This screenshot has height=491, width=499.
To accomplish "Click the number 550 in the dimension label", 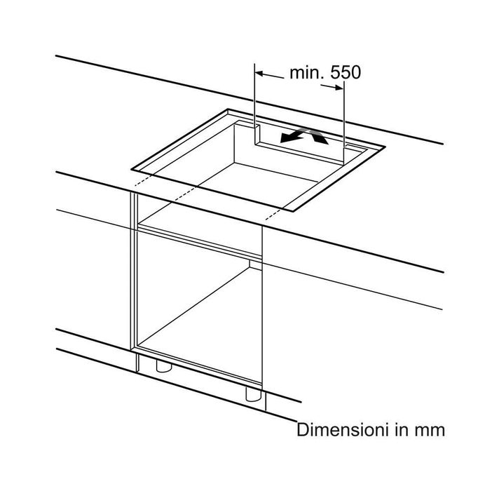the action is [346, 73].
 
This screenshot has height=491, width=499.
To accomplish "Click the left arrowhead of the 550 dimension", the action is [259, 74].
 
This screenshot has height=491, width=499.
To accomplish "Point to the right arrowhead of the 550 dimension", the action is [339, 87].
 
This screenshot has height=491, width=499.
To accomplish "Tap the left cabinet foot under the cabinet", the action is [164, 367].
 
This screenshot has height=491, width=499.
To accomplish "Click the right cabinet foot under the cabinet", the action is [253, 394].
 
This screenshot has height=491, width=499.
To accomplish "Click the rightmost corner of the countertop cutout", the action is [385, 147].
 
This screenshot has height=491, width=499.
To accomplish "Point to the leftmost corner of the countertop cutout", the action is [132, 170].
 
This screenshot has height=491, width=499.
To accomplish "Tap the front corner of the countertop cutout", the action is [294, 211].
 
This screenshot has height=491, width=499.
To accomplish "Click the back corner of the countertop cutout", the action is [228, 109].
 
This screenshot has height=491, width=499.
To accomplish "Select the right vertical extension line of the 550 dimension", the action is [343, 123].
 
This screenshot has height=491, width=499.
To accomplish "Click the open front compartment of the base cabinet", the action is [200, 306].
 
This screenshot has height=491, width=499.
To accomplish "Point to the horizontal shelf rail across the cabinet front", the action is [200, 243].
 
